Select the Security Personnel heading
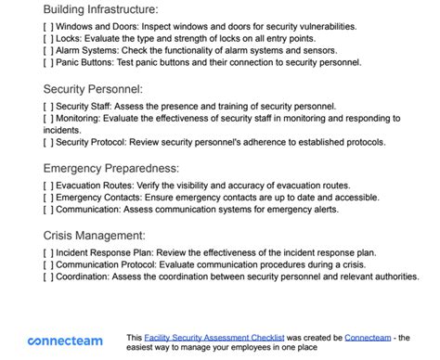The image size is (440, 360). coord(93,90)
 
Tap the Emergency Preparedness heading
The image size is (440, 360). coord(110,169)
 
